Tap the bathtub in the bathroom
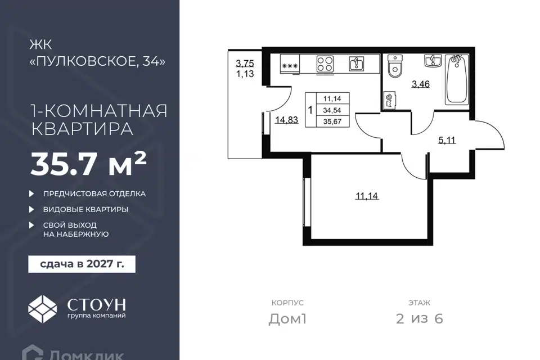pos(457,79)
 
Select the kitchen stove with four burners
pos(325,64)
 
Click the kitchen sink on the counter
pos(357,64)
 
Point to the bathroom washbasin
pos(433,61)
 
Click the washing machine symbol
pos(389,100)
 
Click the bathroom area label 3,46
pos(421,84)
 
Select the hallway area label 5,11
pos(447,140)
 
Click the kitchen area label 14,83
pos(286,120)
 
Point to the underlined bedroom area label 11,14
pos(367,196)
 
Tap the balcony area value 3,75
pos(245,64)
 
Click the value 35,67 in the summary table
pos(332,121)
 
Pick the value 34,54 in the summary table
pos(332,110)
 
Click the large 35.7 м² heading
pos(89,164)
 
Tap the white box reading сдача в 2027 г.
pos(82,264)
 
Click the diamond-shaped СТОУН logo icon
pos(42,309)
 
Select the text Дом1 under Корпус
pos(287,319)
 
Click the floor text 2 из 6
pos(420,319)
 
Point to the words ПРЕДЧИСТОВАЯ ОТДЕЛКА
pos(94,193)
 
